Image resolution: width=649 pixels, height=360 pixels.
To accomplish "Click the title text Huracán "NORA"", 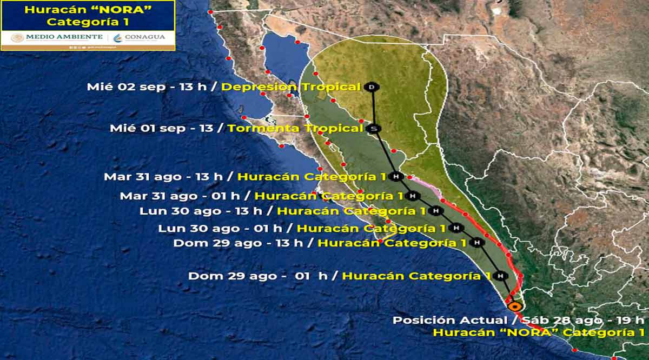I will pyautogui.click(x=88, y=10).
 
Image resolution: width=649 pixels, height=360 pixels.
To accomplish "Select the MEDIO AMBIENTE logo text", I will pyautogui.click(x=57, y=37).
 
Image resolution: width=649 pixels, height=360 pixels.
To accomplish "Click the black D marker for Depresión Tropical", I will pyautogui.click(x=372, y=87).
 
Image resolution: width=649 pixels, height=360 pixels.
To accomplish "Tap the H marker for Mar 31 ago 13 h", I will pyautogui.click(x=396, y=177).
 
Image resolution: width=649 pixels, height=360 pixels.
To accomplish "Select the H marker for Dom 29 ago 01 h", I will pyautogui.click(x=501, y=276).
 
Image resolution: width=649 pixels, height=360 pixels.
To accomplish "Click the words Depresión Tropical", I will pyautogui.click(x=291, y=87).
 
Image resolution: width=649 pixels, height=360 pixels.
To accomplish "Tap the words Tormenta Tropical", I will pyautogui.click(x=295, y=129).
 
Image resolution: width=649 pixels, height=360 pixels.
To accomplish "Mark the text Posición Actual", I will pyautogui.click(x=447, y=320).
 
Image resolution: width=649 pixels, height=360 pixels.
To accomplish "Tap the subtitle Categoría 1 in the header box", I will pyautogui.click(x=87, y=22).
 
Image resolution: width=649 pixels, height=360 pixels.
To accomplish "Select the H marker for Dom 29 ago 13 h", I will pyautogui.click(x=476, y=243).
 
